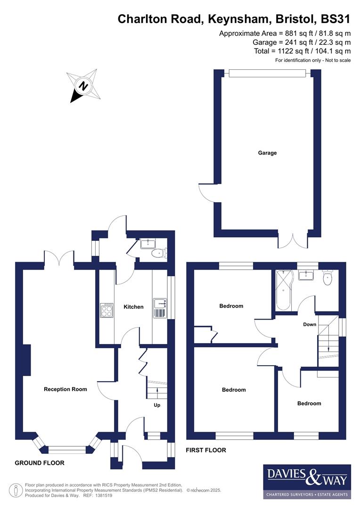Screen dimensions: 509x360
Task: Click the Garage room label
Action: (267, 153)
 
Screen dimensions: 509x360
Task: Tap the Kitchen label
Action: (133, 307)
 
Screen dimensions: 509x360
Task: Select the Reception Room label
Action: (65, 389)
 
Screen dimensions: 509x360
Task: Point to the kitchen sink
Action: (159, 304)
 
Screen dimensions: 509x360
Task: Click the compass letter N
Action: (83, 86)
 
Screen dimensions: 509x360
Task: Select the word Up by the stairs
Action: (157, 405)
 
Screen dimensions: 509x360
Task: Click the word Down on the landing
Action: (310, 324)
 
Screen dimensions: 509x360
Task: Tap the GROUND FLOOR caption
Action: (40, 463)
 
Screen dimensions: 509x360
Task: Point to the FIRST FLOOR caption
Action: (206, 450)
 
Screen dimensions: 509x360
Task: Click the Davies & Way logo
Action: (307, 481)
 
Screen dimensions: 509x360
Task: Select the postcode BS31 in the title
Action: (335, 19)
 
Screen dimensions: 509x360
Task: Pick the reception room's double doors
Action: (59, 258)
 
